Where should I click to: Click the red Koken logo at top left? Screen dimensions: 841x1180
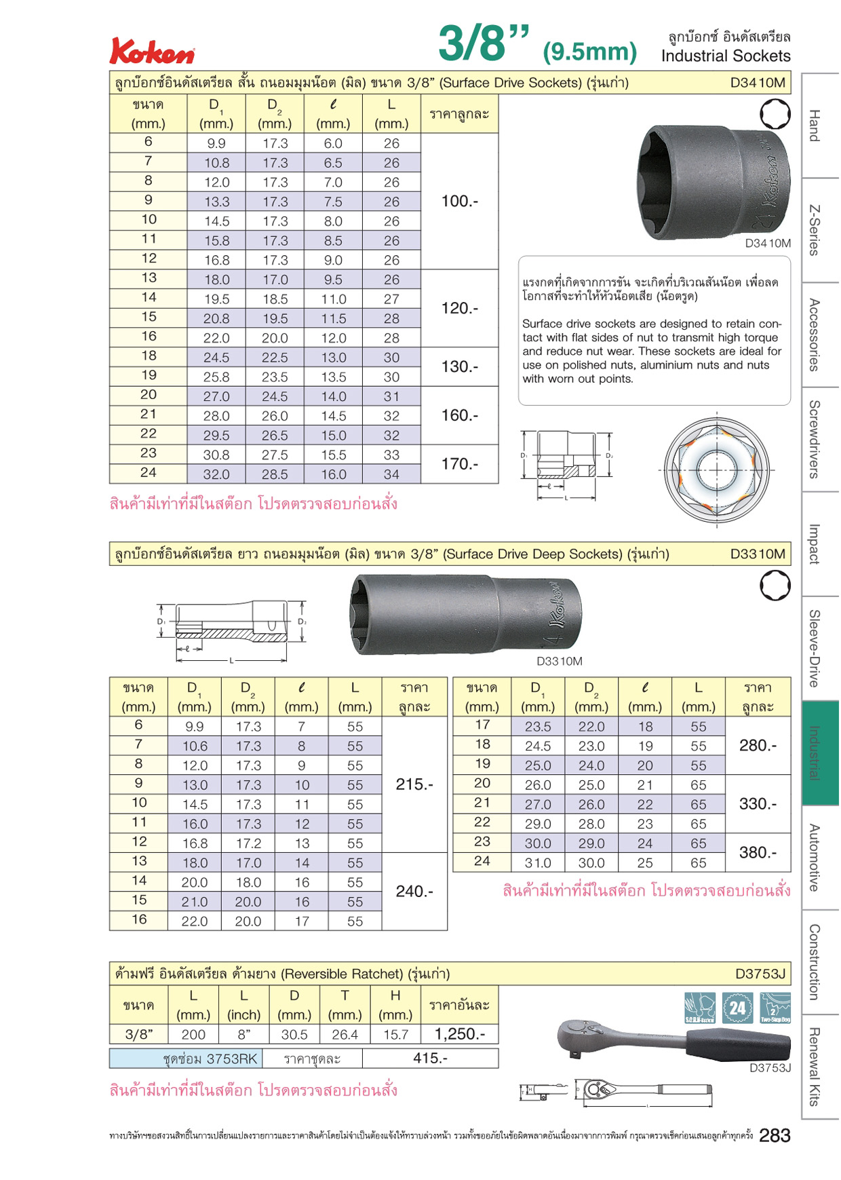pos(153,52)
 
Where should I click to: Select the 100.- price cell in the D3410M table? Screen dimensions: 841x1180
pos(460,202)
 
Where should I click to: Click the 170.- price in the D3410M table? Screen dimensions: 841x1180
pos(460,464)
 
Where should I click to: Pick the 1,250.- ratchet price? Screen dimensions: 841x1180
pos(460,1034)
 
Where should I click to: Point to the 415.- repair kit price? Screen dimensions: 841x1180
pos(430,1058)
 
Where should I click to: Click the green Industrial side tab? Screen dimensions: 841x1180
pos(820,753)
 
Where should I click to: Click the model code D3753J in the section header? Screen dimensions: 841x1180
pos(760,974)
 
